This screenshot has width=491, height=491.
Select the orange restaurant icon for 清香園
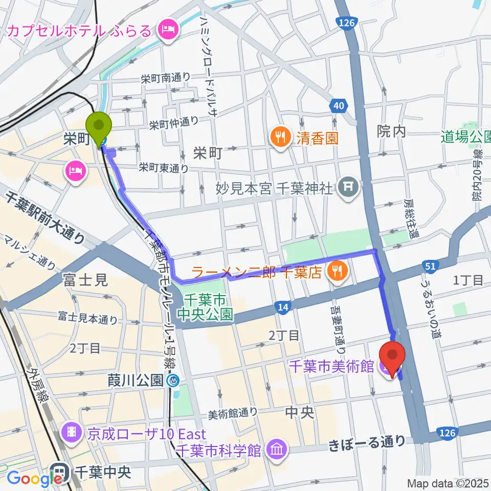pos(280,137)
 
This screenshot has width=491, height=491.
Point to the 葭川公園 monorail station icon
pos(174,380)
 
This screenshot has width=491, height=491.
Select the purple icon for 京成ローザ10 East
pos(72,434)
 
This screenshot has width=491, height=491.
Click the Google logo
pos(34,478)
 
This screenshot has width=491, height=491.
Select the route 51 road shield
pos(430,265)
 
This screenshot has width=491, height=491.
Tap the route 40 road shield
pos(336,106)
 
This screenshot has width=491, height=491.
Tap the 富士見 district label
pos(85,280)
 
